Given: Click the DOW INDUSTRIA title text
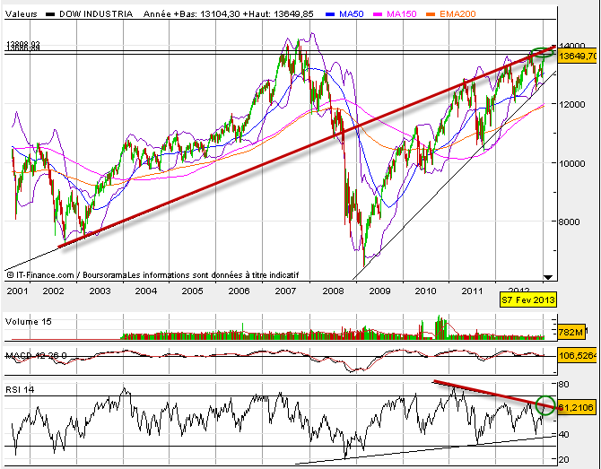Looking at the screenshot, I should click(98, 14).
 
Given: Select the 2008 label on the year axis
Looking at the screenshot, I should click(335, 291).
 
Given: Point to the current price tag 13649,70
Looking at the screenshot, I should click(577, 56).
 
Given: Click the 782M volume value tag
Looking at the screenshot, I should click(569, 333).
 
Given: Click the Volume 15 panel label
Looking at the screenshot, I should click(28, 321).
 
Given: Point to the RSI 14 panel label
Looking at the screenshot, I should click(21, 388).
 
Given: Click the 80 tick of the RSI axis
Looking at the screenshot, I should click(564, 385).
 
